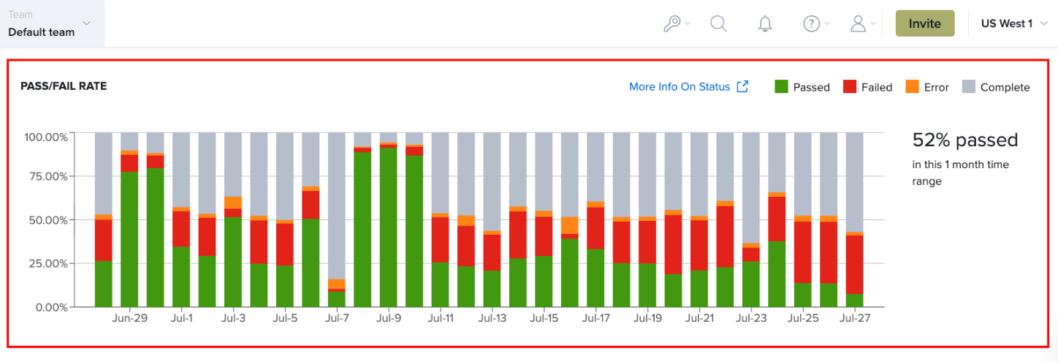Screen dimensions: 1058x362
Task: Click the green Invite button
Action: pyautogui.click(x=925, y=23)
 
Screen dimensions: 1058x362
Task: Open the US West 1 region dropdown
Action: pyautogui.click(x=1013, y=23)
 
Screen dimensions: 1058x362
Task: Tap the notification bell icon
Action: pyautogui.click(x=765, y=23)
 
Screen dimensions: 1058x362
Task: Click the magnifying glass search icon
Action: pyautogui.click(x=718, y=23)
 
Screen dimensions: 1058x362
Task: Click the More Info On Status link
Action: pyautogui.click(x=688, y=86)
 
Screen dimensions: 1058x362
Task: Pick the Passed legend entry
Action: pyautogui.click(x=802, y=87)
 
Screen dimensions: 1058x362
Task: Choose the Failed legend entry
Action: pyautogui.click(x=867, y=87)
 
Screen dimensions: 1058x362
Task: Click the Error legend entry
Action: pyautogui.click(x=927, y=87)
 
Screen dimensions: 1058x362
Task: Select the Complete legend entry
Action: pyautogui.click(x=996, y=87)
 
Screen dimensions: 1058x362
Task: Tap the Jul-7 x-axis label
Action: pyautogui.click(x=337, y=318)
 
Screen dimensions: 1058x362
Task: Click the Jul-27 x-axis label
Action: pyautogui.click(x=854, y=318)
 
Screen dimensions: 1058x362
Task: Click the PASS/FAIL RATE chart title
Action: pyautogui.click(x=64, y=86)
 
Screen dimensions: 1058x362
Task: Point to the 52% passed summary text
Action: pyautogui.click(x=965, y=140)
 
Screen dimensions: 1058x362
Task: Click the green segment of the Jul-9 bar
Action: pyautogui.click(x=388, y=227)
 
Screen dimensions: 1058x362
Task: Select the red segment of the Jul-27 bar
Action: pyautogui.click(x=854, y=265)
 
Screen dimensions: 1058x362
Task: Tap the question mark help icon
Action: pyautogui.click(x=812, y=23)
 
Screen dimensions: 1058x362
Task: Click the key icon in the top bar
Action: pyautogui.click(x=671, y=23)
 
